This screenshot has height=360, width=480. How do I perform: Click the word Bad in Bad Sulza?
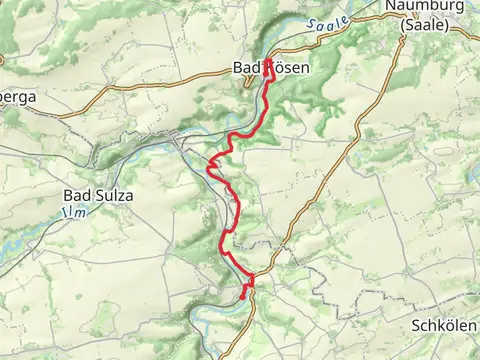pyautogui.click(x=78, y=195)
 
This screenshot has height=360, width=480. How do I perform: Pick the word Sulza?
pyautogui.click(x=113, y=195)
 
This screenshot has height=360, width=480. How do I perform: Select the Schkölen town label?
pyautogui.click(x=445, y=326)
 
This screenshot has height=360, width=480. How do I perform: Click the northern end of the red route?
pyautogui.click(x=267, y=64)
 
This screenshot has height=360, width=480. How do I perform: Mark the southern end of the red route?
pyautogui.click(x=244, y=296)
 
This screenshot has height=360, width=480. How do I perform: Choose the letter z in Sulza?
pyautogui.click(x=119, y=195)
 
